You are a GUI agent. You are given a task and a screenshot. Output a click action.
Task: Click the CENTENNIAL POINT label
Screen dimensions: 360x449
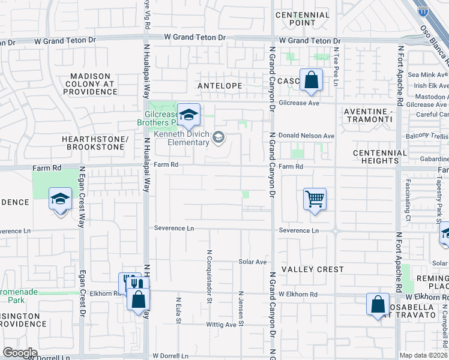303,19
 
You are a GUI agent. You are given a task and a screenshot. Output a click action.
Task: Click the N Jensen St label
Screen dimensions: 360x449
241,316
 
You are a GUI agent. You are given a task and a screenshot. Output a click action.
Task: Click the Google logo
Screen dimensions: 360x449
20,352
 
